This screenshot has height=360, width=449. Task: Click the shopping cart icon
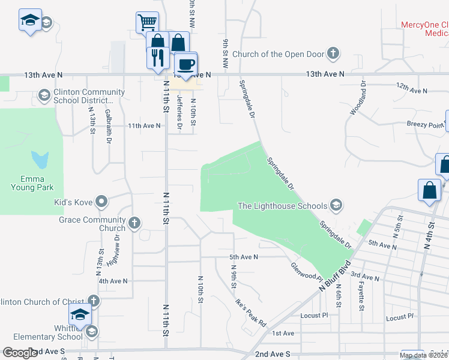[147, 23]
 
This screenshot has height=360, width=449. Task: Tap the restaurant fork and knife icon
[157, 57]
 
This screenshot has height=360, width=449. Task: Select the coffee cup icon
[185, 64]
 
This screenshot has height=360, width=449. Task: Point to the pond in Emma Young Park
[39, 160]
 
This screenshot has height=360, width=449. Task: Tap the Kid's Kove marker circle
[101, 202]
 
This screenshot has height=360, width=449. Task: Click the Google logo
[20, 352]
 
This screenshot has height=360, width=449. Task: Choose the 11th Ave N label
[143, 126]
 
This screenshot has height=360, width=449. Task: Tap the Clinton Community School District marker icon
[44, 95]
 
